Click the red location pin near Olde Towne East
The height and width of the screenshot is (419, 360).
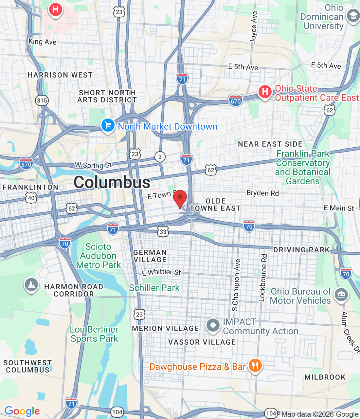tap(180, 198)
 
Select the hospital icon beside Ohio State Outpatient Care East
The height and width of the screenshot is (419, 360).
tap(265, 92)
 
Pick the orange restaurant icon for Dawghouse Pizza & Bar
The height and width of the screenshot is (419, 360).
tap(255, 365)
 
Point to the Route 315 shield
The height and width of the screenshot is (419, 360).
tap(42, 100)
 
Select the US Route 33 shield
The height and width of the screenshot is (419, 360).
tap(163, 232)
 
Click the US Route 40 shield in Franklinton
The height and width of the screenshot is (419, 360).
tap(31, 198)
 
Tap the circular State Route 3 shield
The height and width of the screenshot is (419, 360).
tap(160, 157)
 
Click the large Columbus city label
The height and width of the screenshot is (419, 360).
tap(112, 182)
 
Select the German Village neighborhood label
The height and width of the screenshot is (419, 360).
tap(150, 256)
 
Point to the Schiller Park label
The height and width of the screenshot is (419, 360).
tap(154, 288)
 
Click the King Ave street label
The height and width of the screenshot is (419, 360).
tap(42, 42)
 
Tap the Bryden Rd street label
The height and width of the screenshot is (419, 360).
tap(262, 193)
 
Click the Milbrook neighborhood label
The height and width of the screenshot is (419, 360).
tap(325, 377)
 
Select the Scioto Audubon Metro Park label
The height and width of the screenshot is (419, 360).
tap(98, 256)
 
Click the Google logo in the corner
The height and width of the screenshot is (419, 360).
tap(22, 411)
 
